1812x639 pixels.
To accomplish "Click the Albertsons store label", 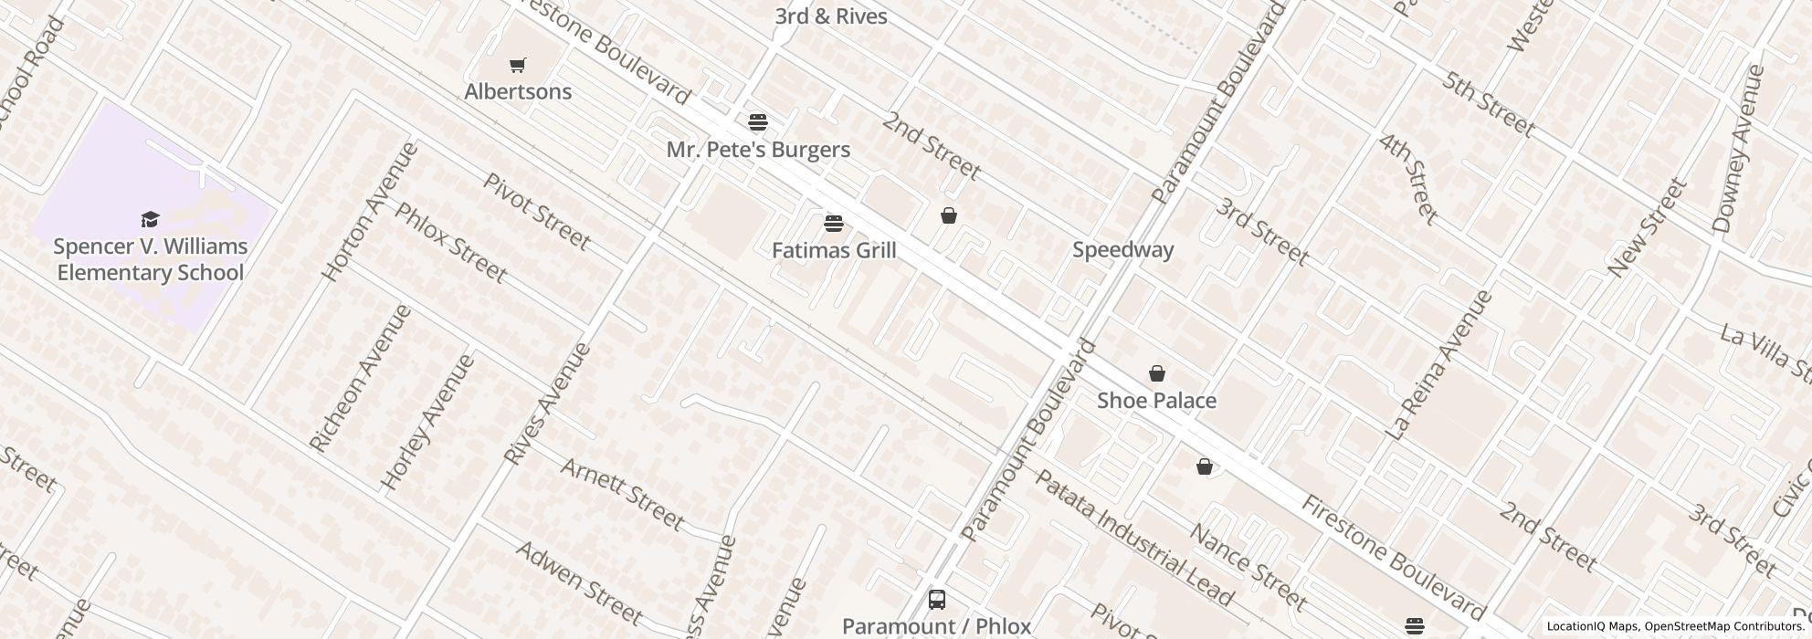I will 518,91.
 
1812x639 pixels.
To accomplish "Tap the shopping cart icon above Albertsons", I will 518,65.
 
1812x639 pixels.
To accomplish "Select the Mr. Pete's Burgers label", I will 758,150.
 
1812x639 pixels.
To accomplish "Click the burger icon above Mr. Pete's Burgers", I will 757,121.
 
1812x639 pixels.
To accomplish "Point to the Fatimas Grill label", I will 834,250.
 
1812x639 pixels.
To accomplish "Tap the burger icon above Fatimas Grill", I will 833,223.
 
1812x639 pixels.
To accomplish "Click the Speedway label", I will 1122,249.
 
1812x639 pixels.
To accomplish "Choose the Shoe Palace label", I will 1156,401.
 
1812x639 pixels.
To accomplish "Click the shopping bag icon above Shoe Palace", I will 1157,373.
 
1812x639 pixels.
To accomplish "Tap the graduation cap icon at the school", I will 150,219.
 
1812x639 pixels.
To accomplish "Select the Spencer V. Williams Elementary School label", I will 150,259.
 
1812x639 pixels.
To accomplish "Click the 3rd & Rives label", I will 830,16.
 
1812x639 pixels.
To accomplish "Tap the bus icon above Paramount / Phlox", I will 936,600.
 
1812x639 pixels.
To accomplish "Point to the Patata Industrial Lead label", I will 1133,538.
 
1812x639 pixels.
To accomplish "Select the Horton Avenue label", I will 370,211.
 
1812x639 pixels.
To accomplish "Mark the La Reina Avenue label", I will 1439,365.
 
